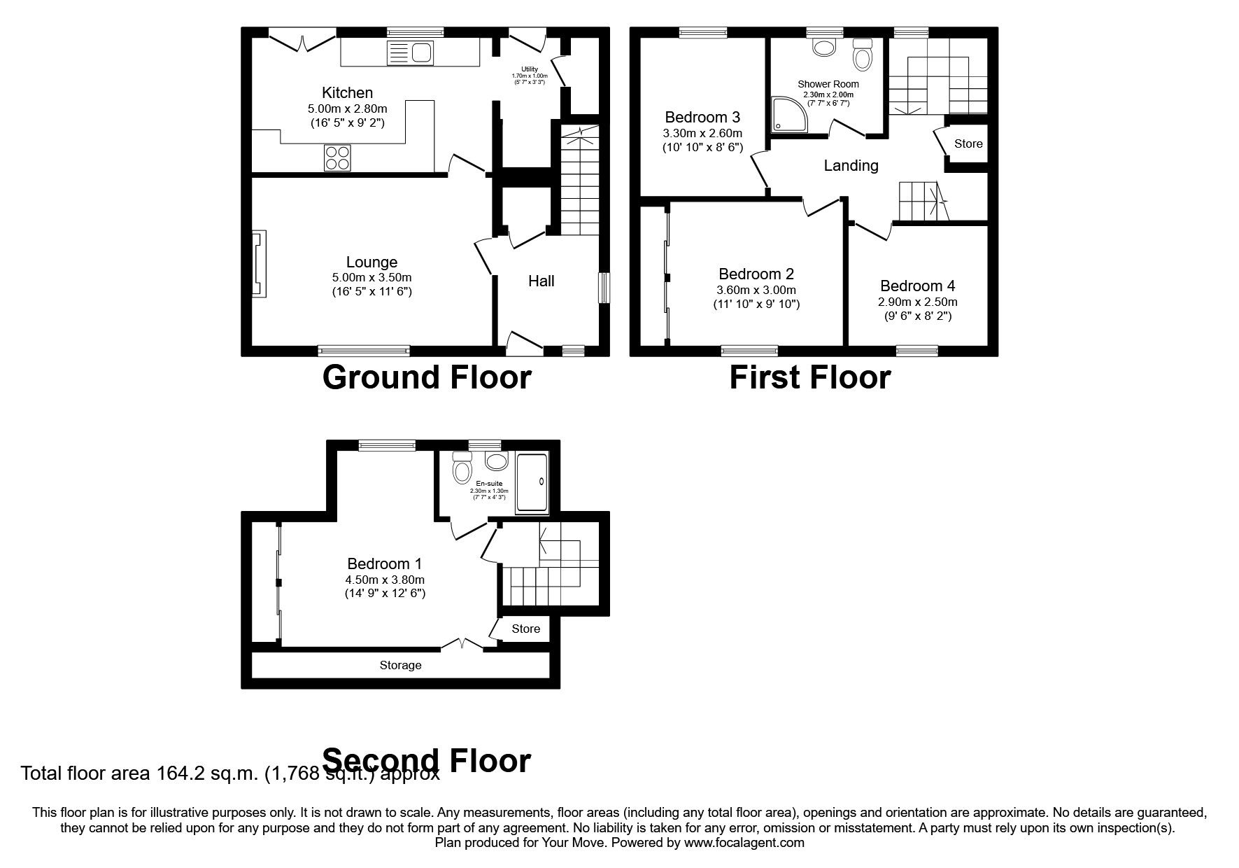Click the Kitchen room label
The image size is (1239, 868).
pyautogui.click(x=347, y=93)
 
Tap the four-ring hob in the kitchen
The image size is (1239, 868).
pyautogui.click(x=337, y=158)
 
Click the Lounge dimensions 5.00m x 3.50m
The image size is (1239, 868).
pyautogui.click(x=371, y=278)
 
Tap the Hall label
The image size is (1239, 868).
pyautogui.click(x=541, y=281)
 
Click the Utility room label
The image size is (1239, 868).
pyautogui.click(x=530, y=69)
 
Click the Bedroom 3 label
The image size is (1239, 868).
pyautogui.click(x=702, y=117)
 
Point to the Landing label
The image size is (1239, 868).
pyautogui.click(x=850, y=166)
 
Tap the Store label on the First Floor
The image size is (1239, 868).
pyautogui.click(x=968, y=144)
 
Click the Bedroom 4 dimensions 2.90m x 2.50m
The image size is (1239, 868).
pyautogui.click(x=917, y=302)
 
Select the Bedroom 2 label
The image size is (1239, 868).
pyautogui.click(x=756, y=274)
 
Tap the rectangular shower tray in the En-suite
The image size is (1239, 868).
pyautogui.click(x=532, y=483)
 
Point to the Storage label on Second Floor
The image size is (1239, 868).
pyautogui.click(x=400, y=666)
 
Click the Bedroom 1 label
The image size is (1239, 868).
pyautogui.click(x=384, y=563)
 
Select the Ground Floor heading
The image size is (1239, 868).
pyautogui.click(x=427, y=377)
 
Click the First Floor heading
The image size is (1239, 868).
pyautogui.click(x=809, y=377)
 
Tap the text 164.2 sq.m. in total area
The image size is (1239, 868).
pyautogui.click(x=208, y=774)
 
